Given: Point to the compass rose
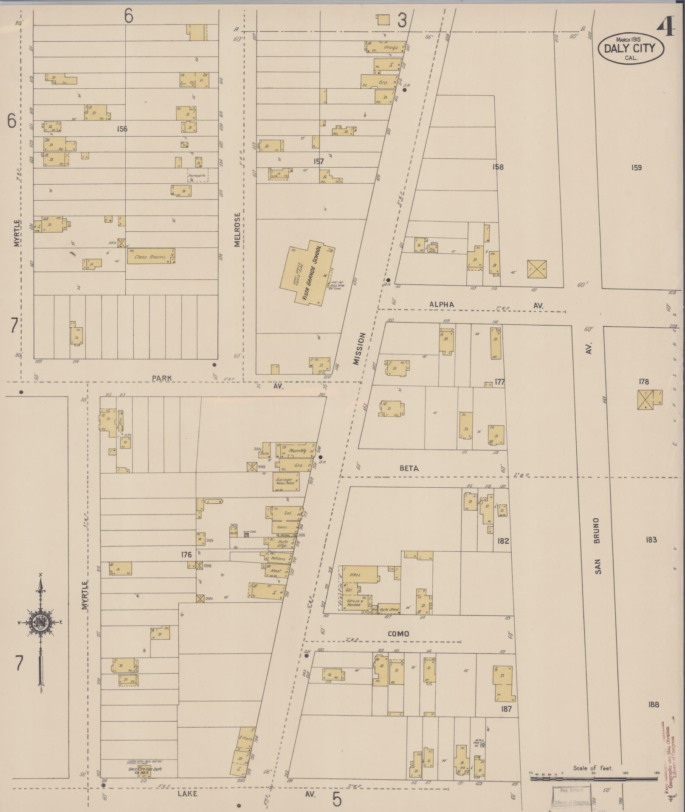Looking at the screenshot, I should point(41,623).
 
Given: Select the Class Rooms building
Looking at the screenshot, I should point(151,256).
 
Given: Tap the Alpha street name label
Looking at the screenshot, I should point(442,304).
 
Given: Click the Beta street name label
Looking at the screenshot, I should point(409,468).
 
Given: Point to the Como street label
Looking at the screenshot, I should point(398,634).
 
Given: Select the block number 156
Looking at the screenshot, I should point(121,129).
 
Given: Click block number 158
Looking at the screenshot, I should point(497,167).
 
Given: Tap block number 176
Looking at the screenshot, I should point(186,554).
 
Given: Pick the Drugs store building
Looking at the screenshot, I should point(386,47).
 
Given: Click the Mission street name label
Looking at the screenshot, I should point(358,348).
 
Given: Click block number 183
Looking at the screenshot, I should point(651,540).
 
